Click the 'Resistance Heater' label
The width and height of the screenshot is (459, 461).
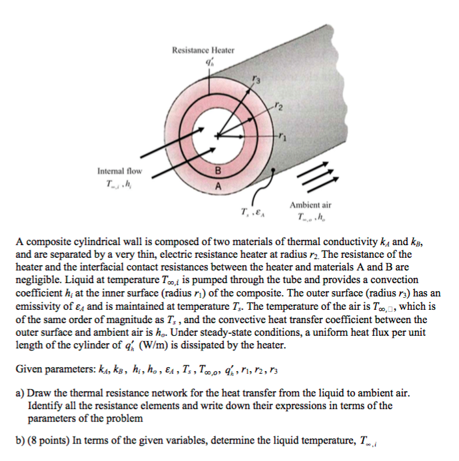(203, 50)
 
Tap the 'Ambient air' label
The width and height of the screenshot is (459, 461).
(310, 205)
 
